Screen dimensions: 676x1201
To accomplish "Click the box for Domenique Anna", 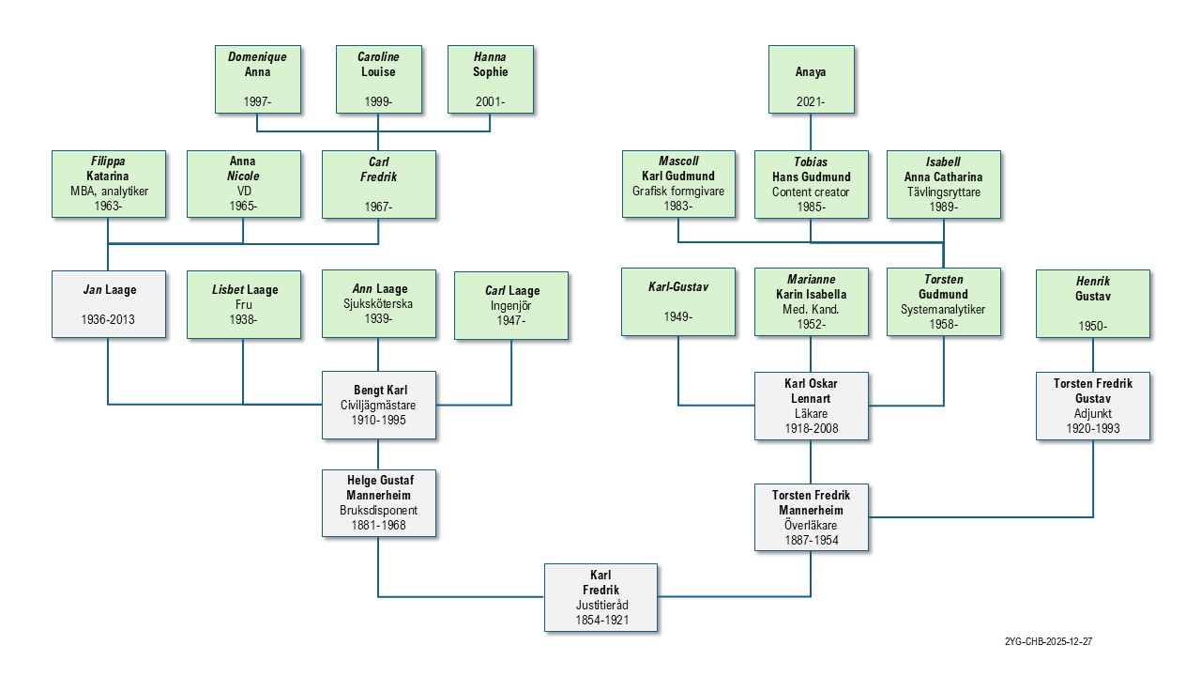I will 257,79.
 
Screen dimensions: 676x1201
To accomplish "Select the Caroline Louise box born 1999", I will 378,79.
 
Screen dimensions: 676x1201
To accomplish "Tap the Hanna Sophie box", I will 490,79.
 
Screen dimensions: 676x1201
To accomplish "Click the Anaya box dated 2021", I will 811,79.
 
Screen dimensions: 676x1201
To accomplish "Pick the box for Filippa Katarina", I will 108,184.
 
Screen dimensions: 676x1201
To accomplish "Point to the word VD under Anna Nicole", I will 243,192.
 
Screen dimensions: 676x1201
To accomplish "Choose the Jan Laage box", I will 108,304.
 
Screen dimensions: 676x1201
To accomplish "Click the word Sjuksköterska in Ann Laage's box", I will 378,304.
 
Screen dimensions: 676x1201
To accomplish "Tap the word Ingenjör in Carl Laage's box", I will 511,306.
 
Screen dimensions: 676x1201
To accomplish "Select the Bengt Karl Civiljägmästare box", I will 378,405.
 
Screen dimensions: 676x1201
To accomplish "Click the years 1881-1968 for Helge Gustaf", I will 378,526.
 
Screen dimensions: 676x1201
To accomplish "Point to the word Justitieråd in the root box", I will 600,606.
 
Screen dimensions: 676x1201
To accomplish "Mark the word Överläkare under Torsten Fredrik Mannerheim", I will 811,526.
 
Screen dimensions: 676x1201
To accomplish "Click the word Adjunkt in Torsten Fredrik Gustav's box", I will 1093,413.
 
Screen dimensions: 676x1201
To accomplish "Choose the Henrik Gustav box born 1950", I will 1093,303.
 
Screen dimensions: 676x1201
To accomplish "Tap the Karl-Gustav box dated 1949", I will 678,301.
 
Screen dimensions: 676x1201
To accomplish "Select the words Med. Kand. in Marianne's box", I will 811,309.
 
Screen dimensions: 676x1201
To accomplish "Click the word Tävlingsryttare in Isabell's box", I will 943,192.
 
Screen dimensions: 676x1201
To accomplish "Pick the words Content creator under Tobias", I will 811,192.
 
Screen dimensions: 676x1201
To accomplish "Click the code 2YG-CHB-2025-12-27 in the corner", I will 1048,642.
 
